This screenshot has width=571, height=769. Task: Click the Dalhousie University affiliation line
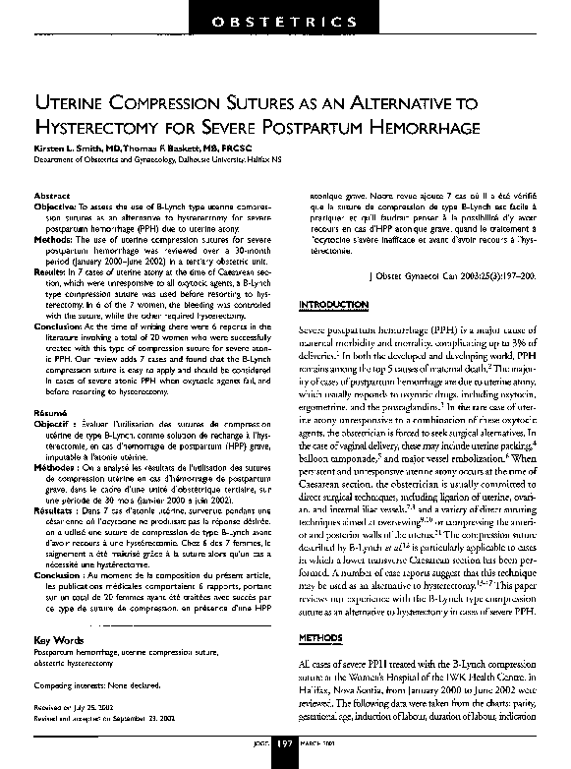coord(157,156)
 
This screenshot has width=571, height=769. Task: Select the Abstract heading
coord(51,196)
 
